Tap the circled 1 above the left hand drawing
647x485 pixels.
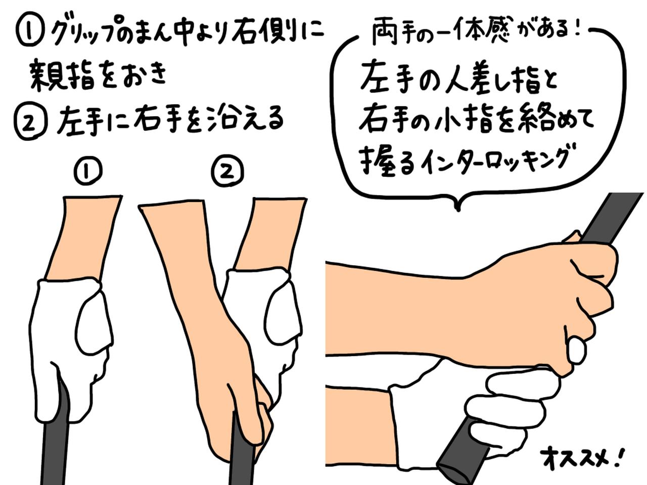[88, 172]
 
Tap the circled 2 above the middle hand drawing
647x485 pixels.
[227, 172]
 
